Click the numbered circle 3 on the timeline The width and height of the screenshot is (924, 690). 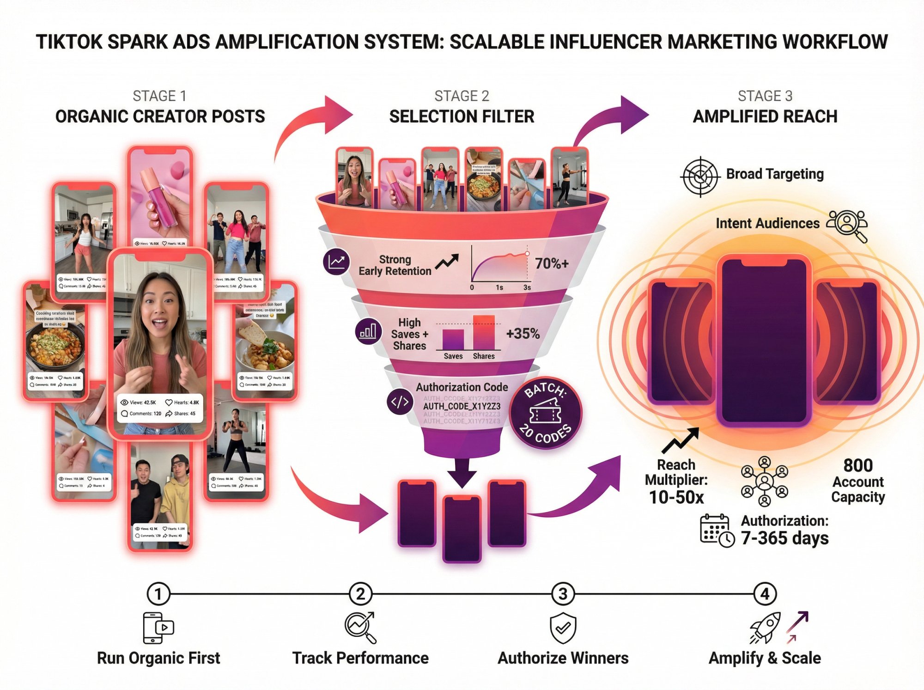pyautogui.click(x=563, y=594)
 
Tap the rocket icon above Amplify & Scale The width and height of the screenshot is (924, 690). pyautogui.click(x=765, y=628)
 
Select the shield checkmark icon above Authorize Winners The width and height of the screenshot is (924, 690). pyautogui.click(x=563, y=629)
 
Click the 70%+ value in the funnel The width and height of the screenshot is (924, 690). pyautogui.click(x=552, y=263)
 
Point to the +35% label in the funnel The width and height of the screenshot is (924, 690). pyautogui.click(x=523, y=334)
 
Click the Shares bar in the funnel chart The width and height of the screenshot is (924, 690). pyautogui.click(x=484, y=333)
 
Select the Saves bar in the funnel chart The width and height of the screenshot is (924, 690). pyautogui.click(x=453, y=340)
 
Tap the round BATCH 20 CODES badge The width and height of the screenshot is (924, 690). pyautogui.click(x=546, y=413)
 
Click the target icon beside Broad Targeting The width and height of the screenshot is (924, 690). pyautogui.click(x=700, y=177)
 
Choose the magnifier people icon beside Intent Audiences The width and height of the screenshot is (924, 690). pyautogui.click(x=847, y=225)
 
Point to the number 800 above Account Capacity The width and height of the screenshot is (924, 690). pyautogui.click(x=858, y=465)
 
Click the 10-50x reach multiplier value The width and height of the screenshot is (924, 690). pyautogui.click(x=676, y=497)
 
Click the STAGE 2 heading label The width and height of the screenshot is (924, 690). pyautogui.click(x=462, y=96)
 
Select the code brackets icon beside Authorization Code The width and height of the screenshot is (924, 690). pyautogui.click(x=399, y=402)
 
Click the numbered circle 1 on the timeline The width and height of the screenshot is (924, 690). pyautogui.click(x=158, y=594)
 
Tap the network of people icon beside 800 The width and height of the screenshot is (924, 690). pyautogui.click(x=765, y=482)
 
